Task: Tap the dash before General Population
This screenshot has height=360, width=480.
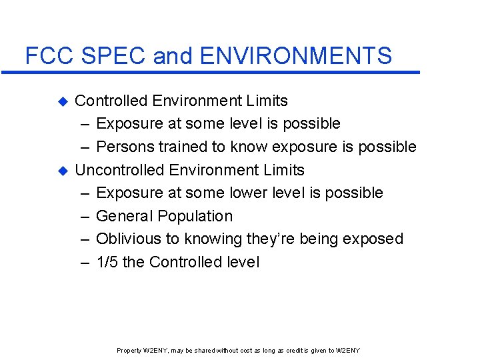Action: click(85, 216)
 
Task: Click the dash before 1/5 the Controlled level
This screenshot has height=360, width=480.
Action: click(85, 262)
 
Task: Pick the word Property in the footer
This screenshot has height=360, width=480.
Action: click(128, 351)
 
